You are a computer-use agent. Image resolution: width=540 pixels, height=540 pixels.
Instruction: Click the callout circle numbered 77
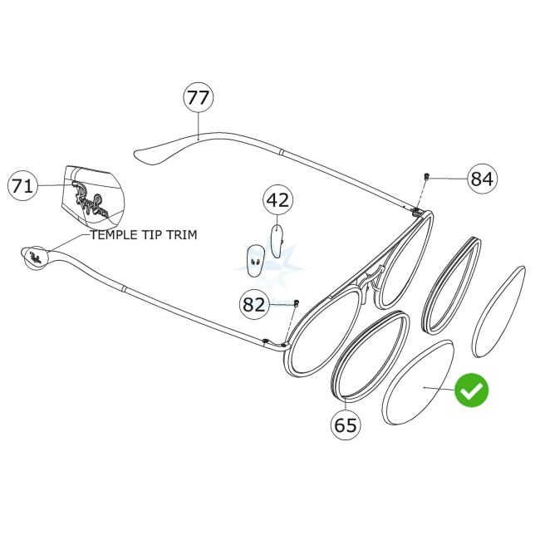coord(199,98)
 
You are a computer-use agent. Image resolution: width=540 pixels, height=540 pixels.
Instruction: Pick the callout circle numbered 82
coord(254,305)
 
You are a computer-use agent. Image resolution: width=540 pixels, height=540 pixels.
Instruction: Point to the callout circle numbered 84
coord(481,179)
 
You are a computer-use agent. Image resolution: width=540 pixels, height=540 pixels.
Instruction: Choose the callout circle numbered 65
coord(346,425)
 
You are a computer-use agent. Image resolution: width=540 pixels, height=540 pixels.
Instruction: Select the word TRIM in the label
coord(181,235)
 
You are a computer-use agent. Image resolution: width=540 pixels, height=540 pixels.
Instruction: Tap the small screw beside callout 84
coord(426,176)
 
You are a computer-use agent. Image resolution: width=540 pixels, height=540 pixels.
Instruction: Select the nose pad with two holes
coord(255,260)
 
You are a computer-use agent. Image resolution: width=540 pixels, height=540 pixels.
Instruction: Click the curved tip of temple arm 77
coord(150,155)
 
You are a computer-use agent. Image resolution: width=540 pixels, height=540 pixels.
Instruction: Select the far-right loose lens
coord(498,312)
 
